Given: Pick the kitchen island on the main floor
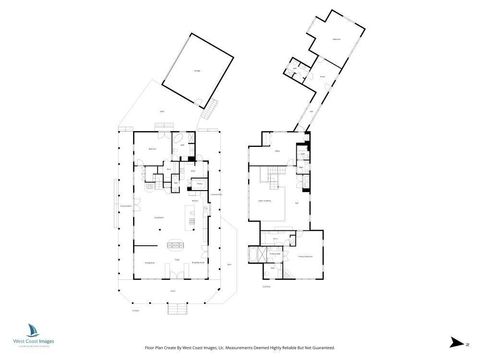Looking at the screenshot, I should coord(179,242).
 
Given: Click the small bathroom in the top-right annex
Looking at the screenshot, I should coord(297,71).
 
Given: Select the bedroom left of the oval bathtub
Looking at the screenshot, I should coord(151,148).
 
